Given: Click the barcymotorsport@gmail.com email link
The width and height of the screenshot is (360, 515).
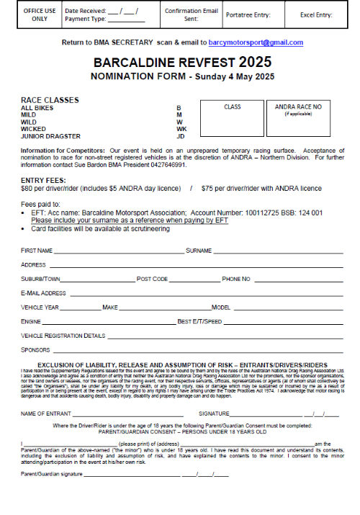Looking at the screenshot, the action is (x=256, y=43).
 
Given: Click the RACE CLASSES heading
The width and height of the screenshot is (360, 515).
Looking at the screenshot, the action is (x=50, y=100).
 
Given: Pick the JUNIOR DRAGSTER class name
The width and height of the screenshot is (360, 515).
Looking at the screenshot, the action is (x=50, y=136).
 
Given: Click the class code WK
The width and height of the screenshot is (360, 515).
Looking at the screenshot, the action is (x=181, y=129).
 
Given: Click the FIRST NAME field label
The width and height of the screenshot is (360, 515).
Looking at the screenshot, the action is (x=37, y=251).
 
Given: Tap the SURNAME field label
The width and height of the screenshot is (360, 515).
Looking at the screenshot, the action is (x=199, y=251).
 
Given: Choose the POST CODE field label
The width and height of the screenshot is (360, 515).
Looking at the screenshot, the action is (x=153, y=279).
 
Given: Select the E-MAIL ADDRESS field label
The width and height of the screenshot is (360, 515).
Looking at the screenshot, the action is (x=44, y=293).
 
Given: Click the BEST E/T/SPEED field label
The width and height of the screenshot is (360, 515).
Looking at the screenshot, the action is (x=200, y=321).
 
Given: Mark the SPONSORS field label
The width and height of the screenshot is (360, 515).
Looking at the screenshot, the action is (x=35, y=349).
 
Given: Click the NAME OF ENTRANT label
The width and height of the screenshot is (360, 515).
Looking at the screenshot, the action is (x=45, y=414).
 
